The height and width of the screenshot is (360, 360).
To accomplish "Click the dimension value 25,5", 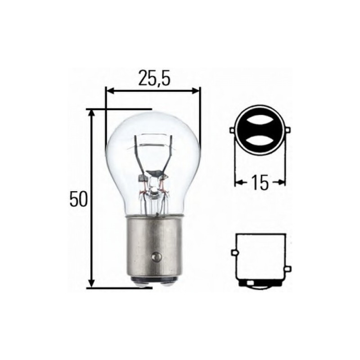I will (x=153, y=78).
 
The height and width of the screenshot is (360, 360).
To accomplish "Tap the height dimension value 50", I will (x=77, y=199).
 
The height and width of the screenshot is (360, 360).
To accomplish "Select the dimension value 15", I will (x=260, y=182).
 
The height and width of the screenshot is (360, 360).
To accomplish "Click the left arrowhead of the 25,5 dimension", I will (x=108, y=91).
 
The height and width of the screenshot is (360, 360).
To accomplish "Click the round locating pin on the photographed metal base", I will (x=156, y=256).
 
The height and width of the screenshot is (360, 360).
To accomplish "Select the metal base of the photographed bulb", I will (x=153, y=247).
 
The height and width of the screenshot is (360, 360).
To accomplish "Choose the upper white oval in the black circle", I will (x=260, y=121).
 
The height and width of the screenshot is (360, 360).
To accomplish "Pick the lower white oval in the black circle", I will (x=260, y=141).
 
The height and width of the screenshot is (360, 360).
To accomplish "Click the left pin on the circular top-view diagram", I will (x=232, y=130).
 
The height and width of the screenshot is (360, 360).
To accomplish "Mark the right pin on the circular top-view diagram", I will (x=288, y=130).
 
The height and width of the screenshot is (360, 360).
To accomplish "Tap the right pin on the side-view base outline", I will (x=288, y=269).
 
